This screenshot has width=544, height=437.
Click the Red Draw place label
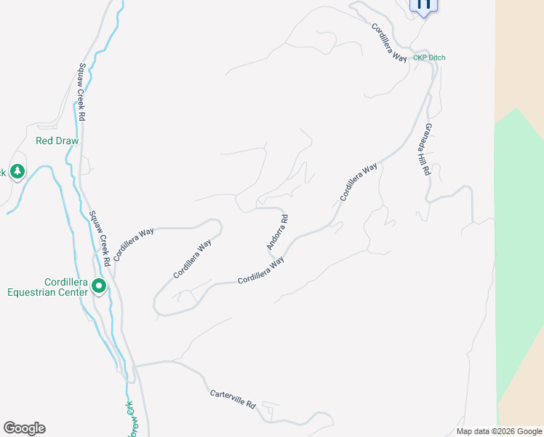coord(57,141)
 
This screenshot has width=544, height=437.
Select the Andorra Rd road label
coord(278,232)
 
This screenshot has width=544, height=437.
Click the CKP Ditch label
coord(428,58)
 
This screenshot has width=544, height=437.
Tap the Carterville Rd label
coord(233,398)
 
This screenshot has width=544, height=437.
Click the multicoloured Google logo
coord(24,428)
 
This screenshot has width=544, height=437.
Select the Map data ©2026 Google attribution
coord(500,431)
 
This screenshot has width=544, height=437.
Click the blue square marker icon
coord(424,4)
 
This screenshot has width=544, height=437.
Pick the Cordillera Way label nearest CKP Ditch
coord(389,43)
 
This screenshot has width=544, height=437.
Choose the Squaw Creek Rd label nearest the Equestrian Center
coord(100,237)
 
